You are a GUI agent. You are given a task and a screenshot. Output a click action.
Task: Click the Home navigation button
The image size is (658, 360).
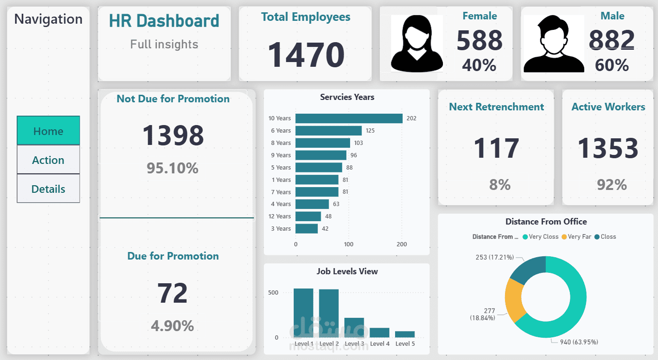point(48,131)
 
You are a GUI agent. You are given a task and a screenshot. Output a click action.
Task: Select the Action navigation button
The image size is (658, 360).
point(48,160)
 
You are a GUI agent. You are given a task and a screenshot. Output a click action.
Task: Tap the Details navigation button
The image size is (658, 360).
point(48,189)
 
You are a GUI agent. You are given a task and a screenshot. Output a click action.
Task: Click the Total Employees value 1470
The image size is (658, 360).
point(306,55)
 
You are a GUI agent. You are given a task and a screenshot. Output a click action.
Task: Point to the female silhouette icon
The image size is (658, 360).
point(416,44)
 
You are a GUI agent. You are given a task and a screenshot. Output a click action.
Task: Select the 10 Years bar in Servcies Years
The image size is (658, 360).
point(349,118)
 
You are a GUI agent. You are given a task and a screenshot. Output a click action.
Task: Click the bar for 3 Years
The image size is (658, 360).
point(306,229)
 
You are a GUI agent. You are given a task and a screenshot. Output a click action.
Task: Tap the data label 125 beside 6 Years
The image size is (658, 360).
point(370,131)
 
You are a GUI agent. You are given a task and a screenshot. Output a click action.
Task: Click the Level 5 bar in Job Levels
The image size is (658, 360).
point(405,334)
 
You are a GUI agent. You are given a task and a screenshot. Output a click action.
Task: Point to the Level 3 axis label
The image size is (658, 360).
point(354,344)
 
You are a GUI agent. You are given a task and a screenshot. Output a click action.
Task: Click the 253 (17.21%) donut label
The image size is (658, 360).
point(495,257)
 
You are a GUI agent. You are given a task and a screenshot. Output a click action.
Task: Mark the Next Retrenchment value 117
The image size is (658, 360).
point(496,148)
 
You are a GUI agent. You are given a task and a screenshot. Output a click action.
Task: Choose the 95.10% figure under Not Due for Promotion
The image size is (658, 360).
point(172,168)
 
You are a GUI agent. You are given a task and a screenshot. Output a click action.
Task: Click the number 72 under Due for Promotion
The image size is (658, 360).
point(172,293)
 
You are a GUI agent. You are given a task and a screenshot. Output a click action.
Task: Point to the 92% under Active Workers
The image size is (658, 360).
point(612,185)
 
